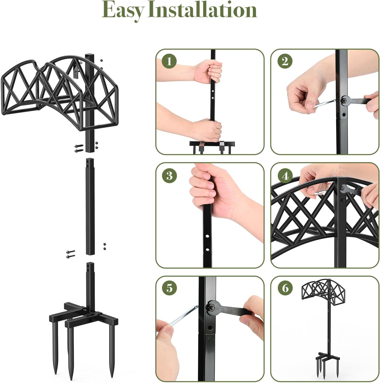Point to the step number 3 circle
pyautogui.click(x=169, y=176)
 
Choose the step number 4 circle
pyautogui.click(x=285, y=176)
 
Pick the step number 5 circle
pyautogui.click(x=169, y=288)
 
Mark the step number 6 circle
pyautogui.click(x=285, y=288)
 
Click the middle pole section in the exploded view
pyautogui.click(x=90, y=207)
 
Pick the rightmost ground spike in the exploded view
pyautogui.click(x=112, y=352)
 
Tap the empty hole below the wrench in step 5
pyautogui.click(x=210, y=328)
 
